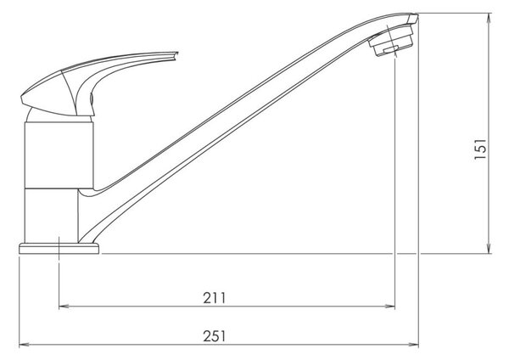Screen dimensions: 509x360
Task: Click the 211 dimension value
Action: (x=215, y=298)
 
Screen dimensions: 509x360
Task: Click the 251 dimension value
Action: (x=215, y=336)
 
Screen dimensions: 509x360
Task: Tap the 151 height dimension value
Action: (x=481, y=149)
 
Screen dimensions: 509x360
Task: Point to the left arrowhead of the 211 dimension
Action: (x=64, y=306)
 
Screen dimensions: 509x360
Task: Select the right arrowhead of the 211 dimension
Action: (x=390, y=306)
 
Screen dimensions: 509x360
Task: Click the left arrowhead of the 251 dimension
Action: (x=24, y=345)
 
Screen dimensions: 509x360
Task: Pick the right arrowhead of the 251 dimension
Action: (x=414, y=345)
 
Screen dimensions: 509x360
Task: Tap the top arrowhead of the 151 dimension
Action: (x=489, y=18)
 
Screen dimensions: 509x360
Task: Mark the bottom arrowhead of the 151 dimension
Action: (x=489, y=249)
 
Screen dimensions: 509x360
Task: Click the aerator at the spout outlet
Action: (x=393, y=42)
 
